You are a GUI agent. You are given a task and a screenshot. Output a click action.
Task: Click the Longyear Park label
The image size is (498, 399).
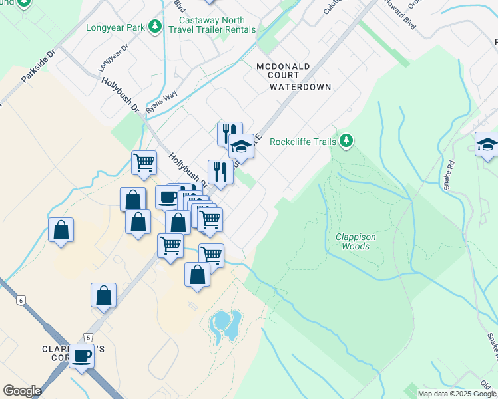(x=115, y=27)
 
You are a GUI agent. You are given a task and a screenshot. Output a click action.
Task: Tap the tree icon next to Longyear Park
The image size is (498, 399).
(x=155, y=27)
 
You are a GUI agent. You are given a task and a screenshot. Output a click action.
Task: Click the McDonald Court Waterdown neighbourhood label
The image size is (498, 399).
(x=294, y=76)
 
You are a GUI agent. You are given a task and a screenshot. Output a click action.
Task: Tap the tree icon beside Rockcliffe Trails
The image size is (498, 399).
(x=346, y=140)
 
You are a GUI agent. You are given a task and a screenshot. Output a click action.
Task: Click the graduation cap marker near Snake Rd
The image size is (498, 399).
(x=487, y=144)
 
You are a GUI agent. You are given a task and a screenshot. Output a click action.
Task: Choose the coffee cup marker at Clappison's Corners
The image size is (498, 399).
(x=81, y=356)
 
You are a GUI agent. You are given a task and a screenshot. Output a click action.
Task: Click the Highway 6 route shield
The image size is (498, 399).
(x=21, y=301)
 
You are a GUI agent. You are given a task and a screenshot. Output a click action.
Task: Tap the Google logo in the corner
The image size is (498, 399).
(x=22, y=391)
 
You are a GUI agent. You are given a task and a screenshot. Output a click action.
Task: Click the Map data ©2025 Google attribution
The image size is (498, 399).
(x=457, y=394)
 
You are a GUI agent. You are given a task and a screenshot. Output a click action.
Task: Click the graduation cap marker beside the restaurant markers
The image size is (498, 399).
(x=241, y=147)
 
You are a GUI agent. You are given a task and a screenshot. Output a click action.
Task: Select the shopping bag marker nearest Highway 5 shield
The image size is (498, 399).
(x=104, y=295)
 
